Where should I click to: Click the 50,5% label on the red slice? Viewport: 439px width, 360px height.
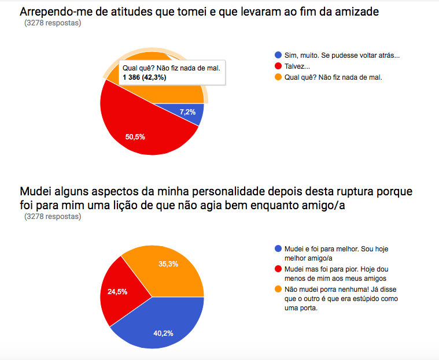[x=135, y=137]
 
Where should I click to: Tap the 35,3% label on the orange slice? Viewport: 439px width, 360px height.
[x=168, y=264]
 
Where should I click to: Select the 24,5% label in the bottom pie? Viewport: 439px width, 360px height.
[x=118, y=292]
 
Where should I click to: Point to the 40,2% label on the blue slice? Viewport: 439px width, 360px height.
[x=164, y=332]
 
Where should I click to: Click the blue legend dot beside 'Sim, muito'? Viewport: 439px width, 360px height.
[x=278, y=55]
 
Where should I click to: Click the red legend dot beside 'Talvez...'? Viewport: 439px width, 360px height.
[x=278, y=66]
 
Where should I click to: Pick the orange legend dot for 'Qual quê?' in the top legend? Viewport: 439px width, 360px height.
[x=278, y=77]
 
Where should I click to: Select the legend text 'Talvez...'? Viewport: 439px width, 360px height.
[x=298, y=66]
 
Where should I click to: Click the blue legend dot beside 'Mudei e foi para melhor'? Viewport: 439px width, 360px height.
[x=278, y=248]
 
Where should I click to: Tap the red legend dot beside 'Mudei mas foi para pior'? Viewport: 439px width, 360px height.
[x=278, y=269]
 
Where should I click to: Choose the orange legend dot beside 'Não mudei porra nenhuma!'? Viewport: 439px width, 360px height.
[x=278, y=289]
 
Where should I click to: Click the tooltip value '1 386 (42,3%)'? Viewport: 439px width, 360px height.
[x=144, y=77]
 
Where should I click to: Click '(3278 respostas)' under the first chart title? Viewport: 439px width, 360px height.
[x=53, y=24]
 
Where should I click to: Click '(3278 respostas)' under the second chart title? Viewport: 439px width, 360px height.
[x=53, y=217]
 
